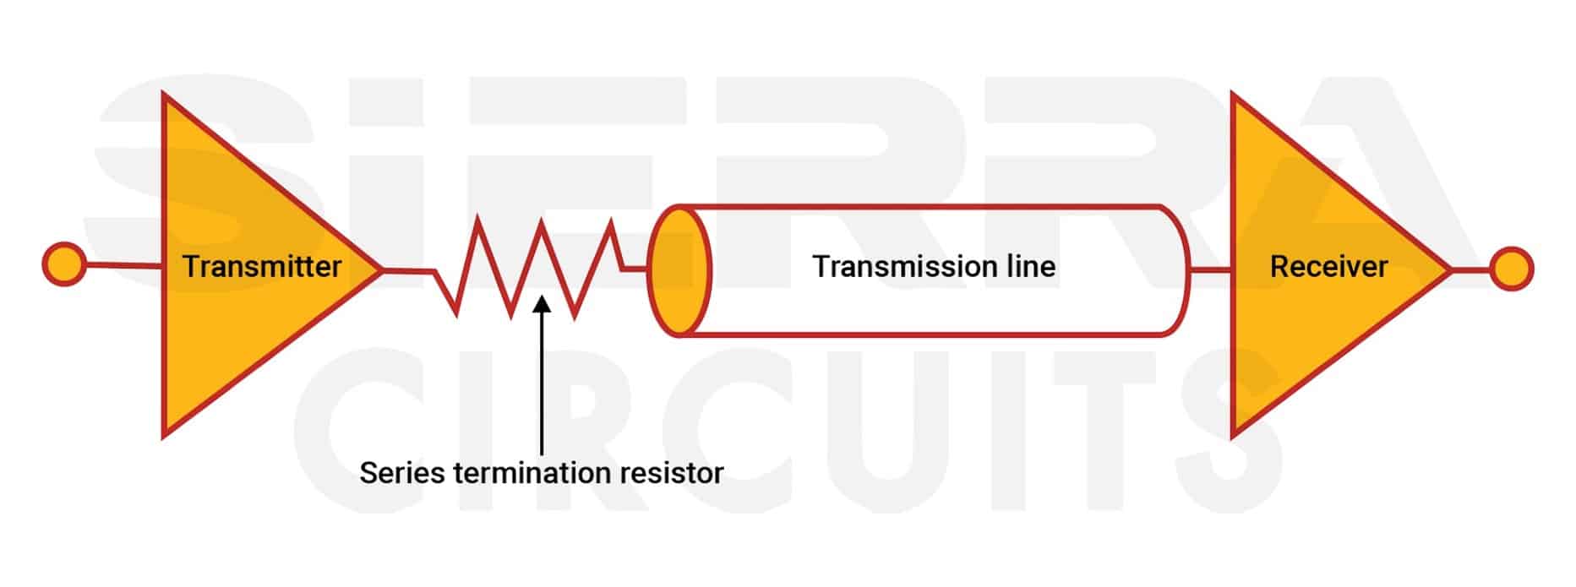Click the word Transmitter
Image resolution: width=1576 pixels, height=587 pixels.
coord(262,267)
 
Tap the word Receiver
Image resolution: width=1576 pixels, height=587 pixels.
coord(1328,267)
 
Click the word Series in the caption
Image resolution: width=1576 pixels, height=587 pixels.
coord(402,472)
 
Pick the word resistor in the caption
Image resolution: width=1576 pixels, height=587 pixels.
coord(672,472)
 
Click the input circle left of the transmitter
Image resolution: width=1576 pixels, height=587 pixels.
coord(63,264)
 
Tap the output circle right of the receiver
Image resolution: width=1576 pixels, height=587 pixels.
coord(1511,269)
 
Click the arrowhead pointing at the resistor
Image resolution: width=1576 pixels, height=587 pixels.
coord(542,302)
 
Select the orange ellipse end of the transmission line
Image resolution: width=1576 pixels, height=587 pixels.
coord(679,270)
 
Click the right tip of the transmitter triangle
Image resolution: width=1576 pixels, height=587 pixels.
coord(380,270)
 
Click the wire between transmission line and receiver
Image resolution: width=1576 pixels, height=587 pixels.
coord(1210,270)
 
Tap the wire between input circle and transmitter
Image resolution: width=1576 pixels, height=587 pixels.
coord(123,266)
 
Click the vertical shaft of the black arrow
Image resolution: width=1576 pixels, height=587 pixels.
coord(542,380)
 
